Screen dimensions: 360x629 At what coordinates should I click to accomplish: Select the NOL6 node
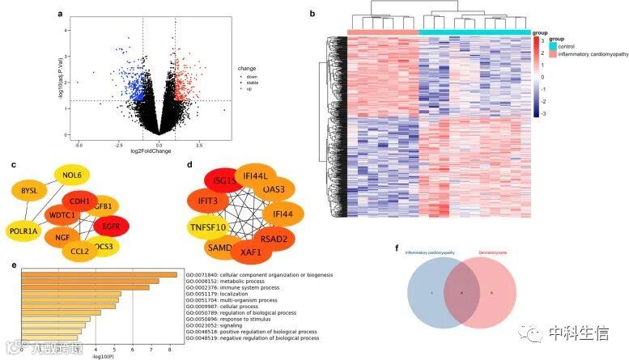(72, 175)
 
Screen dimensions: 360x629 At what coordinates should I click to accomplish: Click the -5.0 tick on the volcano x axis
(79, 144)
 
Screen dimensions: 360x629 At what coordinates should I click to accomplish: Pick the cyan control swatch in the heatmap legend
(554, 46)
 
